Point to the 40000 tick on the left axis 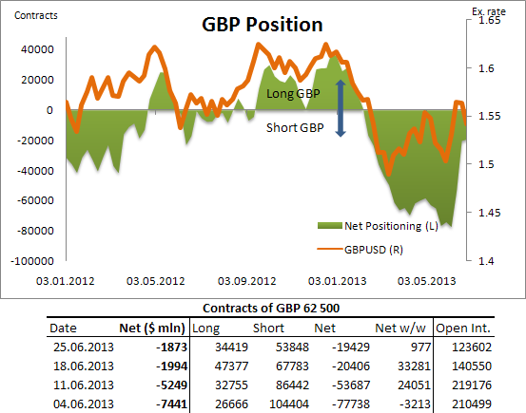35,49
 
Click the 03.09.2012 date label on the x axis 246,281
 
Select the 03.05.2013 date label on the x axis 427,281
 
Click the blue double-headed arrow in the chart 341,110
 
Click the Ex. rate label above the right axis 490,9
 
